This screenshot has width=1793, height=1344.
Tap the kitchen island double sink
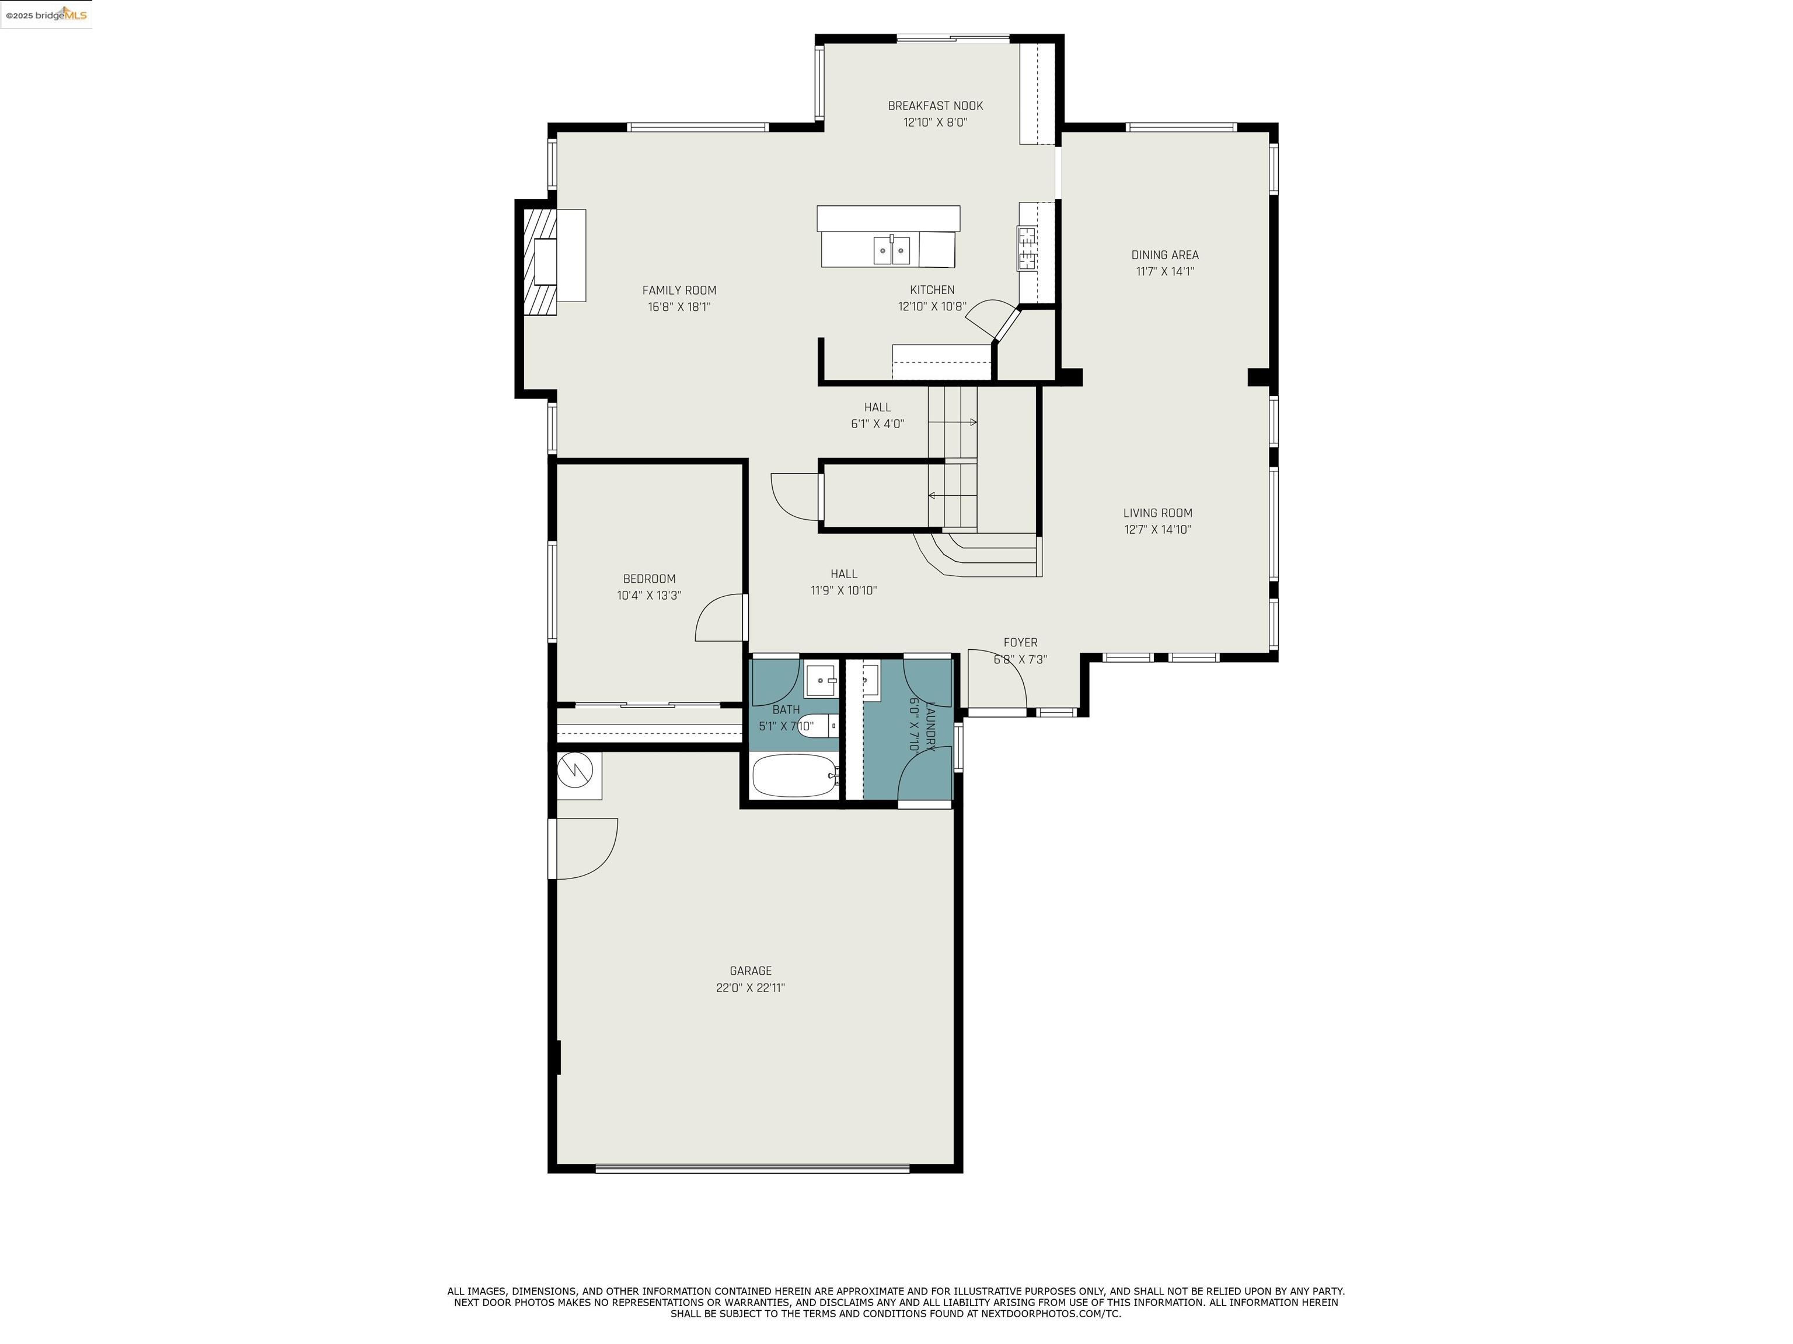[891, 250]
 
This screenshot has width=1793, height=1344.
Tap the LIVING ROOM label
[1157, 513]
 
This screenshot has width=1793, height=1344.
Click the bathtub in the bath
[794, 776]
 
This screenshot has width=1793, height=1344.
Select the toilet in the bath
[817, 726]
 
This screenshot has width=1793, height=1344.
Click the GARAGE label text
[750, 971]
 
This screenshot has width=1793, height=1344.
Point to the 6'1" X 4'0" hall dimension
[877, 423]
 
